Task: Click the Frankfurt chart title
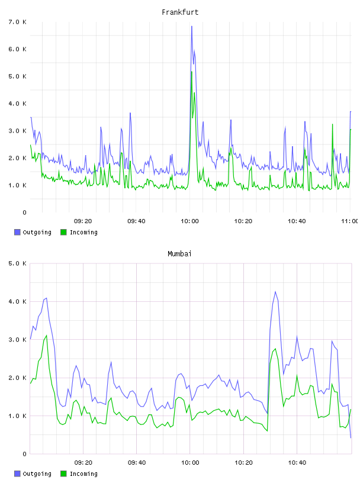pos(180,12)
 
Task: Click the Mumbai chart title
pos(179,254)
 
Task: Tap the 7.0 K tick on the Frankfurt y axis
pos(18,22)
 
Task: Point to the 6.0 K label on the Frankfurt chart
pos(18,49)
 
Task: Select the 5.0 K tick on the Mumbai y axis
pos(18,263)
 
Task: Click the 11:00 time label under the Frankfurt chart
pos(350,221)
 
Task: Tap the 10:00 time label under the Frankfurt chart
pos(189,221)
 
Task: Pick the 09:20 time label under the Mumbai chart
pos(83,463)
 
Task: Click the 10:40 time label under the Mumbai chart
pos(297,463)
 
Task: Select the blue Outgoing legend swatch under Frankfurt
pos(17,232)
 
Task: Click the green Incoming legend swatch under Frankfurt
pos(63,232)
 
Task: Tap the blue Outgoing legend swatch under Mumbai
pos(17,474)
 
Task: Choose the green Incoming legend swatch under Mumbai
pos(63,474)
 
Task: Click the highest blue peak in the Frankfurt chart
pos(192,26)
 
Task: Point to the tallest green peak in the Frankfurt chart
pos(192,72)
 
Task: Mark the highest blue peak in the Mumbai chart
pos(275,292)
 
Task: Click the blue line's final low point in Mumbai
pos(351,437)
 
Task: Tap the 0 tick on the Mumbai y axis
pos(25,454)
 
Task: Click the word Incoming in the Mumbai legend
pos(83,474)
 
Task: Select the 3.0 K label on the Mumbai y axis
pos(18,340)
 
